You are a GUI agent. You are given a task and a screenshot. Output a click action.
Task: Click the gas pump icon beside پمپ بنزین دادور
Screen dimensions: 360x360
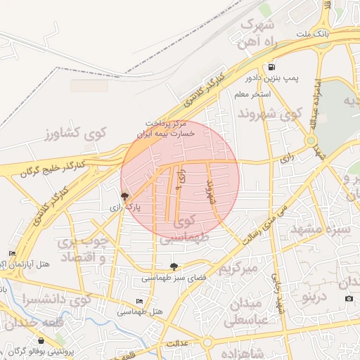tap(271, 69)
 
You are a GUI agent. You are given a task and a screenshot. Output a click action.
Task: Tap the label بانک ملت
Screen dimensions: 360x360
tap(313, 34)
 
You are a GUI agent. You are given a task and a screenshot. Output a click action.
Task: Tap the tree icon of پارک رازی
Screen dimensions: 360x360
tap(124, 197)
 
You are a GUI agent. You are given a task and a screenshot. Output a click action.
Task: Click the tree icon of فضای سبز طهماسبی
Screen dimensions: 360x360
tap(174, 266)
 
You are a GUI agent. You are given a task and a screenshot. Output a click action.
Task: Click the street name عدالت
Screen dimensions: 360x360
tap(177, 343)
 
